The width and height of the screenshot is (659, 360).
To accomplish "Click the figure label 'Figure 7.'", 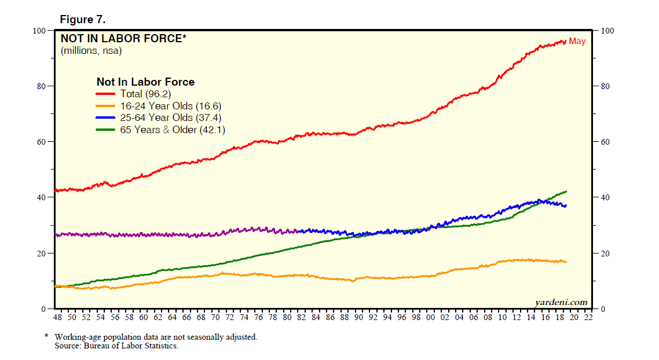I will pyautogui.click(x=83, y=19).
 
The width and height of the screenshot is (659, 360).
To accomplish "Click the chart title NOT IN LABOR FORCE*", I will pyautogui.click(x=124, y=39).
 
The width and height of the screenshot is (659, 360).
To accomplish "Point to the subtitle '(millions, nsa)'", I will pyautogui.click(x=91, y=51).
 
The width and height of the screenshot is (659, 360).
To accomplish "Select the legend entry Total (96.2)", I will pyautogui.click(x=145, y=94).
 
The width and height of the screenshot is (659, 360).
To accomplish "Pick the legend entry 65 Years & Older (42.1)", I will pyautogui.click(x=173, y=130).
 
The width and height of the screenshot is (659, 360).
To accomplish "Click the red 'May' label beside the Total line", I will pyautogui.click(x=577, y=41).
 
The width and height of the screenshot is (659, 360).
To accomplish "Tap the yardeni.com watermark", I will pyautogui.click(x=560, y=302).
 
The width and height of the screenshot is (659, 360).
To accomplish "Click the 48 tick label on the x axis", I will pyautogui.click(x=58, y=318).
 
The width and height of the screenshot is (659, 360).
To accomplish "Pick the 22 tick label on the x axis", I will pyautogui.click(x=588, y=318).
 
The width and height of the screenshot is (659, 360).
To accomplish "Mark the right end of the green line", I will pyautogui.click(x=566, y=192).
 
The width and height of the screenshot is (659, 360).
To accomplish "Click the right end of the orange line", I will pyautogui.click(x=566, y=262).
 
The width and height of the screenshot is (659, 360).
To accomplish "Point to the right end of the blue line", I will pyautogui.click(x=566, y=205).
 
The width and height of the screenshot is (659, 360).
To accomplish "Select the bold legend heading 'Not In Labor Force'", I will pyautogui.click(x=145, y=82).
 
